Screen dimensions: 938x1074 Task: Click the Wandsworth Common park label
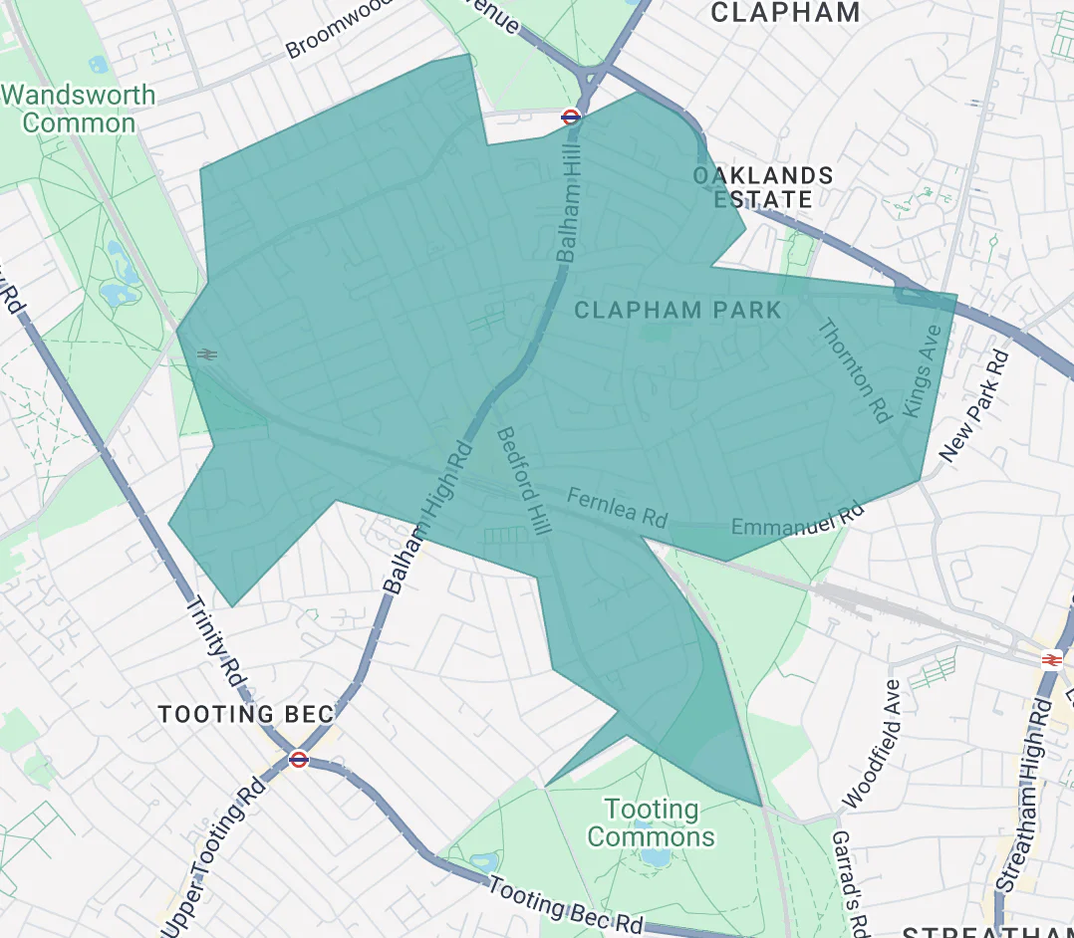pyautogui.click(x=79, y=110)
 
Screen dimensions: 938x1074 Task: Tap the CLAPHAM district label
pyautogui.click(x=785, y=13)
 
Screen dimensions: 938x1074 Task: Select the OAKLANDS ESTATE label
pyautogui.click(x=763, y=187)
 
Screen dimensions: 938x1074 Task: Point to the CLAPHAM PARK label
pyautogui.click(x=678, y=311)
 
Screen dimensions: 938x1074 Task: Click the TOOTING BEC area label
pyautogui.click(x=245, y=714)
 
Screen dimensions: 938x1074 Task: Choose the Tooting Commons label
pyautogui.click(x=652, y=822)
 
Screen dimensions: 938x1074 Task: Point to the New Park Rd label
pyautogui.click(x=974, y=405)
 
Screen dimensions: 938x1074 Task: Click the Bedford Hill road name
pyautogui.click(x=523, y=482)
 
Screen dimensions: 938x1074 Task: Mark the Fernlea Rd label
pyautogui.click(x=617, y=506)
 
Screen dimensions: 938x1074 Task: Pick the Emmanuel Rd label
pyautogui.click(x=797, y=521)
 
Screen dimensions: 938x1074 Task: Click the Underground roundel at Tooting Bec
pyautogui.click(x=298, y=760)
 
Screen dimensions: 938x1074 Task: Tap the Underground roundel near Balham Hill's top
pyautogui.click(x=571, y=117)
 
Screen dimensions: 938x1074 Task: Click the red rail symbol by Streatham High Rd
pyautogui.click(x=1050, y=659)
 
